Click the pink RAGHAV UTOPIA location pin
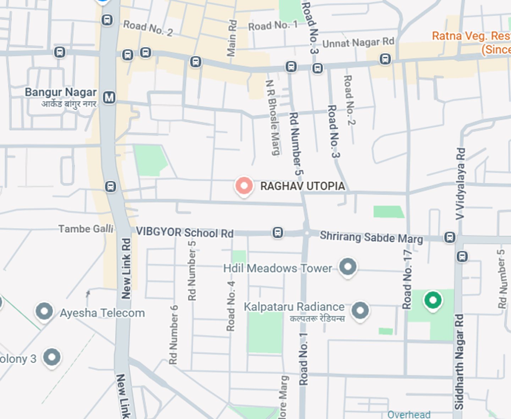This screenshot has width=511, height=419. click(244, 186)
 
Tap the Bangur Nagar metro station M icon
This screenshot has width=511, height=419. click(109, 97)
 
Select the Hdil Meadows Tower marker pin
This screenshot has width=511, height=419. click(347, 266)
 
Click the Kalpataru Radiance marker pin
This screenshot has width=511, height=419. click(360, 310)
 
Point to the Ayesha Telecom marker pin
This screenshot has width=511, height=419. click(44, 311)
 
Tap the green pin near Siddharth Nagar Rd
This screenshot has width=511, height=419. click(433, 301)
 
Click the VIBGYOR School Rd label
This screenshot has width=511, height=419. click(185, 232)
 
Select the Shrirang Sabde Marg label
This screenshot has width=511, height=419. click(371, 237)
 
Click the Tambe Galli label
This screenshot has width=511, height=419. click(86, 229)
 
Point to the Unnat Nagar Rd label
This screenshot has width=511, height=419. click(358, 43)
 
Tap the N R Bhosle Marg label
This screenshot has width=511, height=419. click(273, 117)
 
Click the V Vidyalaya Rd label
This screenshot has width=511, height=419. click(460, 183)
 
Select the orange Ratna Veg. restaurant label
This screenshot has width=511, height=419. click(471, 42)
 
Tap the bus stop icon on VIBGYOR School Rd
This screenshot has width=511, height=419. click(278, 233)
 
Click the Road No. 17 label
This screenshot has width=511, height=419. click(407, 280)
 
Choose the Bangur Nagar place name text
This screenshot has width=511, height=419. click(61, 92)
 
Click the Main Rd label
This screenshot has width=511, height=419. click(231, 38)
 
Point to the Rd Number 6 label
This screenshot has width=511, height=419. click(173, 335)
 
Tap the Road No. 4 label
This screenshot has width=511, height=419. click(231, 306)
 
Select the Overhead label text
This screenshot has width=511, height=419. click(409, 414)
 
